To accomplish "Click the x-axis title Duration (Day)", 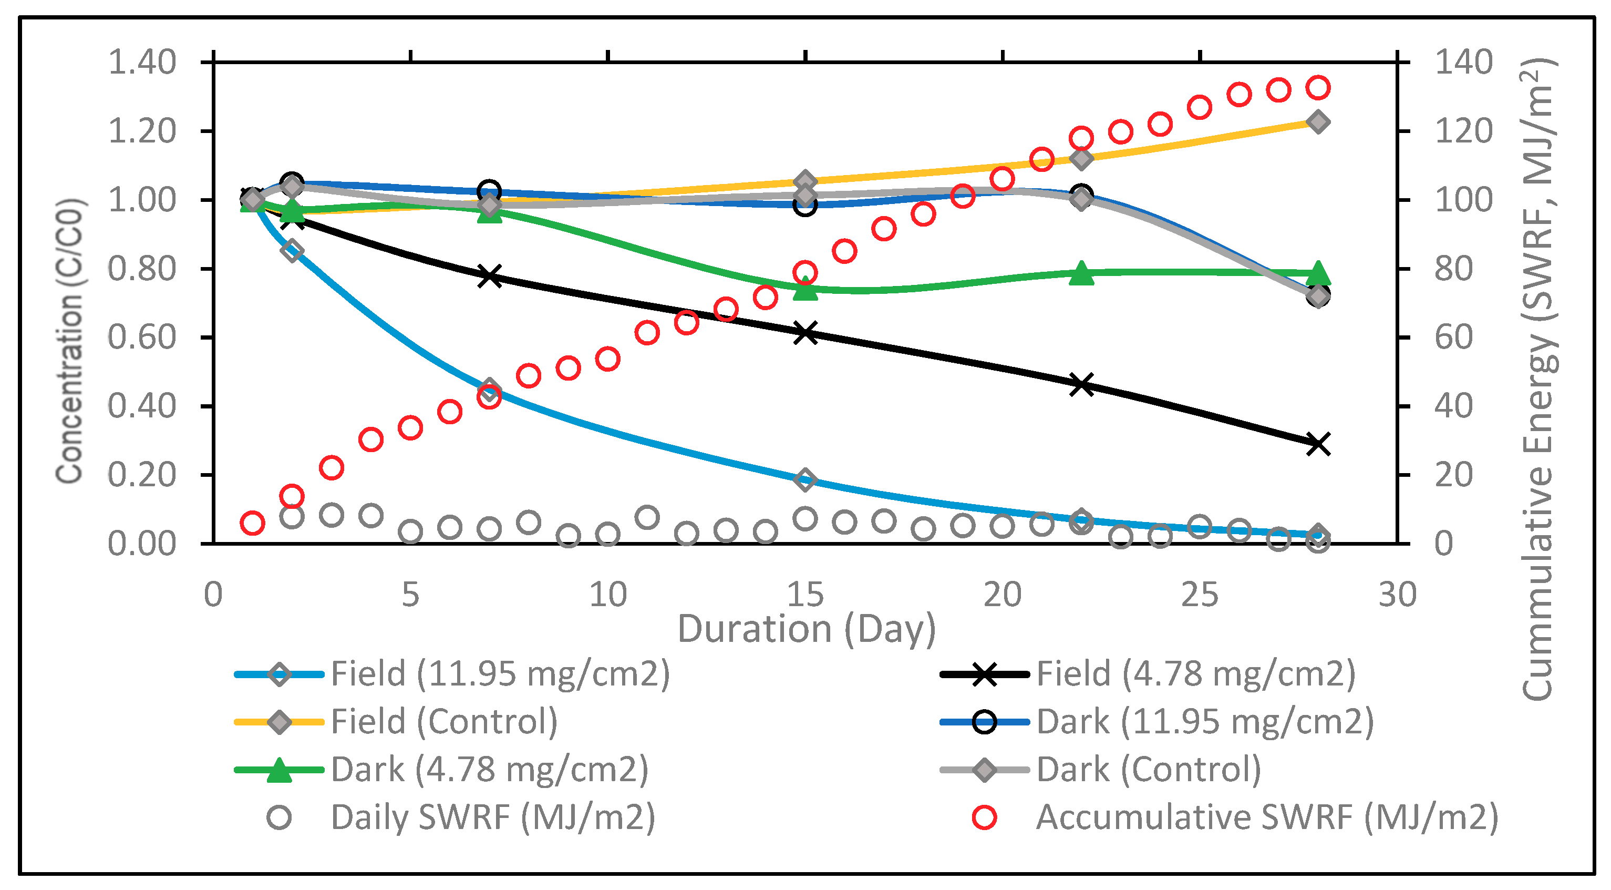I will (806, 629).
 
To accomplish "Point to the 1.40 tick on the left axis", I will (142, 62).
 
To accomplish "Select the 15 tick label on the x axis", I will (805, 595).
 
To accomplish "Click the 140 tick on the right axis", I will (1463, 62).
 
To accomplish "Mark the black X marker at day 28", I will (1318, 444).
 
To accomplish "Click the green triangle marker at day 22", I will (1081, 273).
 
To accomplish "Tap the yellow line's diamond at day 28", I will (1318, 122).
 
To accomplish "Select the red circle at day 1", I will (252, 523).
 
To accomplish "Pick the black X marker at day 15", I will (805, 333).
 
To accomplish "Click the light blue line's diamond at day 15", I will (805, 480).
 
